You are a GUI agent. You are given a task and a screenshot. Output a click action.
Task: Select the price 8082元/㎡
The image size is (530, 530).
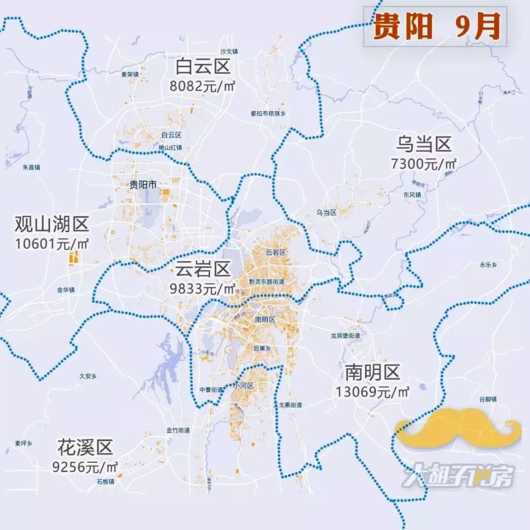coord(203,86)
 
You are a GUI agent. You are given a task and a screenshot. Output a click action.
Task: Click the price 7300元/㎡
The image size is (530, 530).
coord(424,164)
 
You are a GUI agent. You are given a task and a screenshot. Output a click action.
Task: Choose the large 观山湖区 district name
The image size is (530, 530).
coord(52,225)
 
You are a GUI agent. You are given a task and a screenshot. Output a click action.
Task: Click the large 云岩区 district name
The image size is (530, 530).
coord(203,269)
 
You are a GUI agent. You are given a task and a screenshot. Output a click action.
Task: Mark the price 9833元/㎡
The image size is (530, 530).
coord(203,289)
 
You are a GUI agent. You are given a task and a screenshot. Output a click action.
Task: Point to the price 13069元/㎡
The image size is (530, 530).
coord(373,392)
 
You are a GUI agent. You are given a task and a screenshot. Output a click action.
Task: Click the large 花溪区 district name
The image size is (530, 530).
coord(85,448)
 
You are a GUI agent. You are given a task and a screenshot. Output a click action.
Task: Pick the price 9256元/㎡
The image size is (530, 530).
coord(85,467)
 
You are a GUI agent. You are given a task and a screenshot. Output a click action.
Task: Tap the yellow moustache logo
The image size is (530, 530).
coord(458,427)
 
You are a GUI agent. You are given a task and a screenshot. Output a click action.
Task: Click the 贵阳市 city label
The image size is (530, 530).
coord(143,185)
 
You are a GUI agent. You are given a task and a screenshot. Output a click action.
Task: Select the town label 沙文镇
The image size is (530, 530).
coord(229,51)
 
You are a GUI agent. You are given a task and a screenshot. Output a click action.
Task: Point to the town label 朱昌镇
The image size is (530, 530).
coord(31,167)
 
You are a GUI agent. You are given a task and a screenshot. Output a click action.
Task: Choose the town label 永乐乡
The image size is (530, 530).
coord(488,265)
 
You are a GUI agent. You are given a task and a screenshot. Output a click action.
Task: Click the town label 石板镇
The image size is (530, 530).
coord(106,482)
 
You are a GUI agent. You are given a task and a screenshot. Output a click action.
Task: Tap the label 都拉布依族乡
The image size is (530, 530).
coord(268,113)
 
